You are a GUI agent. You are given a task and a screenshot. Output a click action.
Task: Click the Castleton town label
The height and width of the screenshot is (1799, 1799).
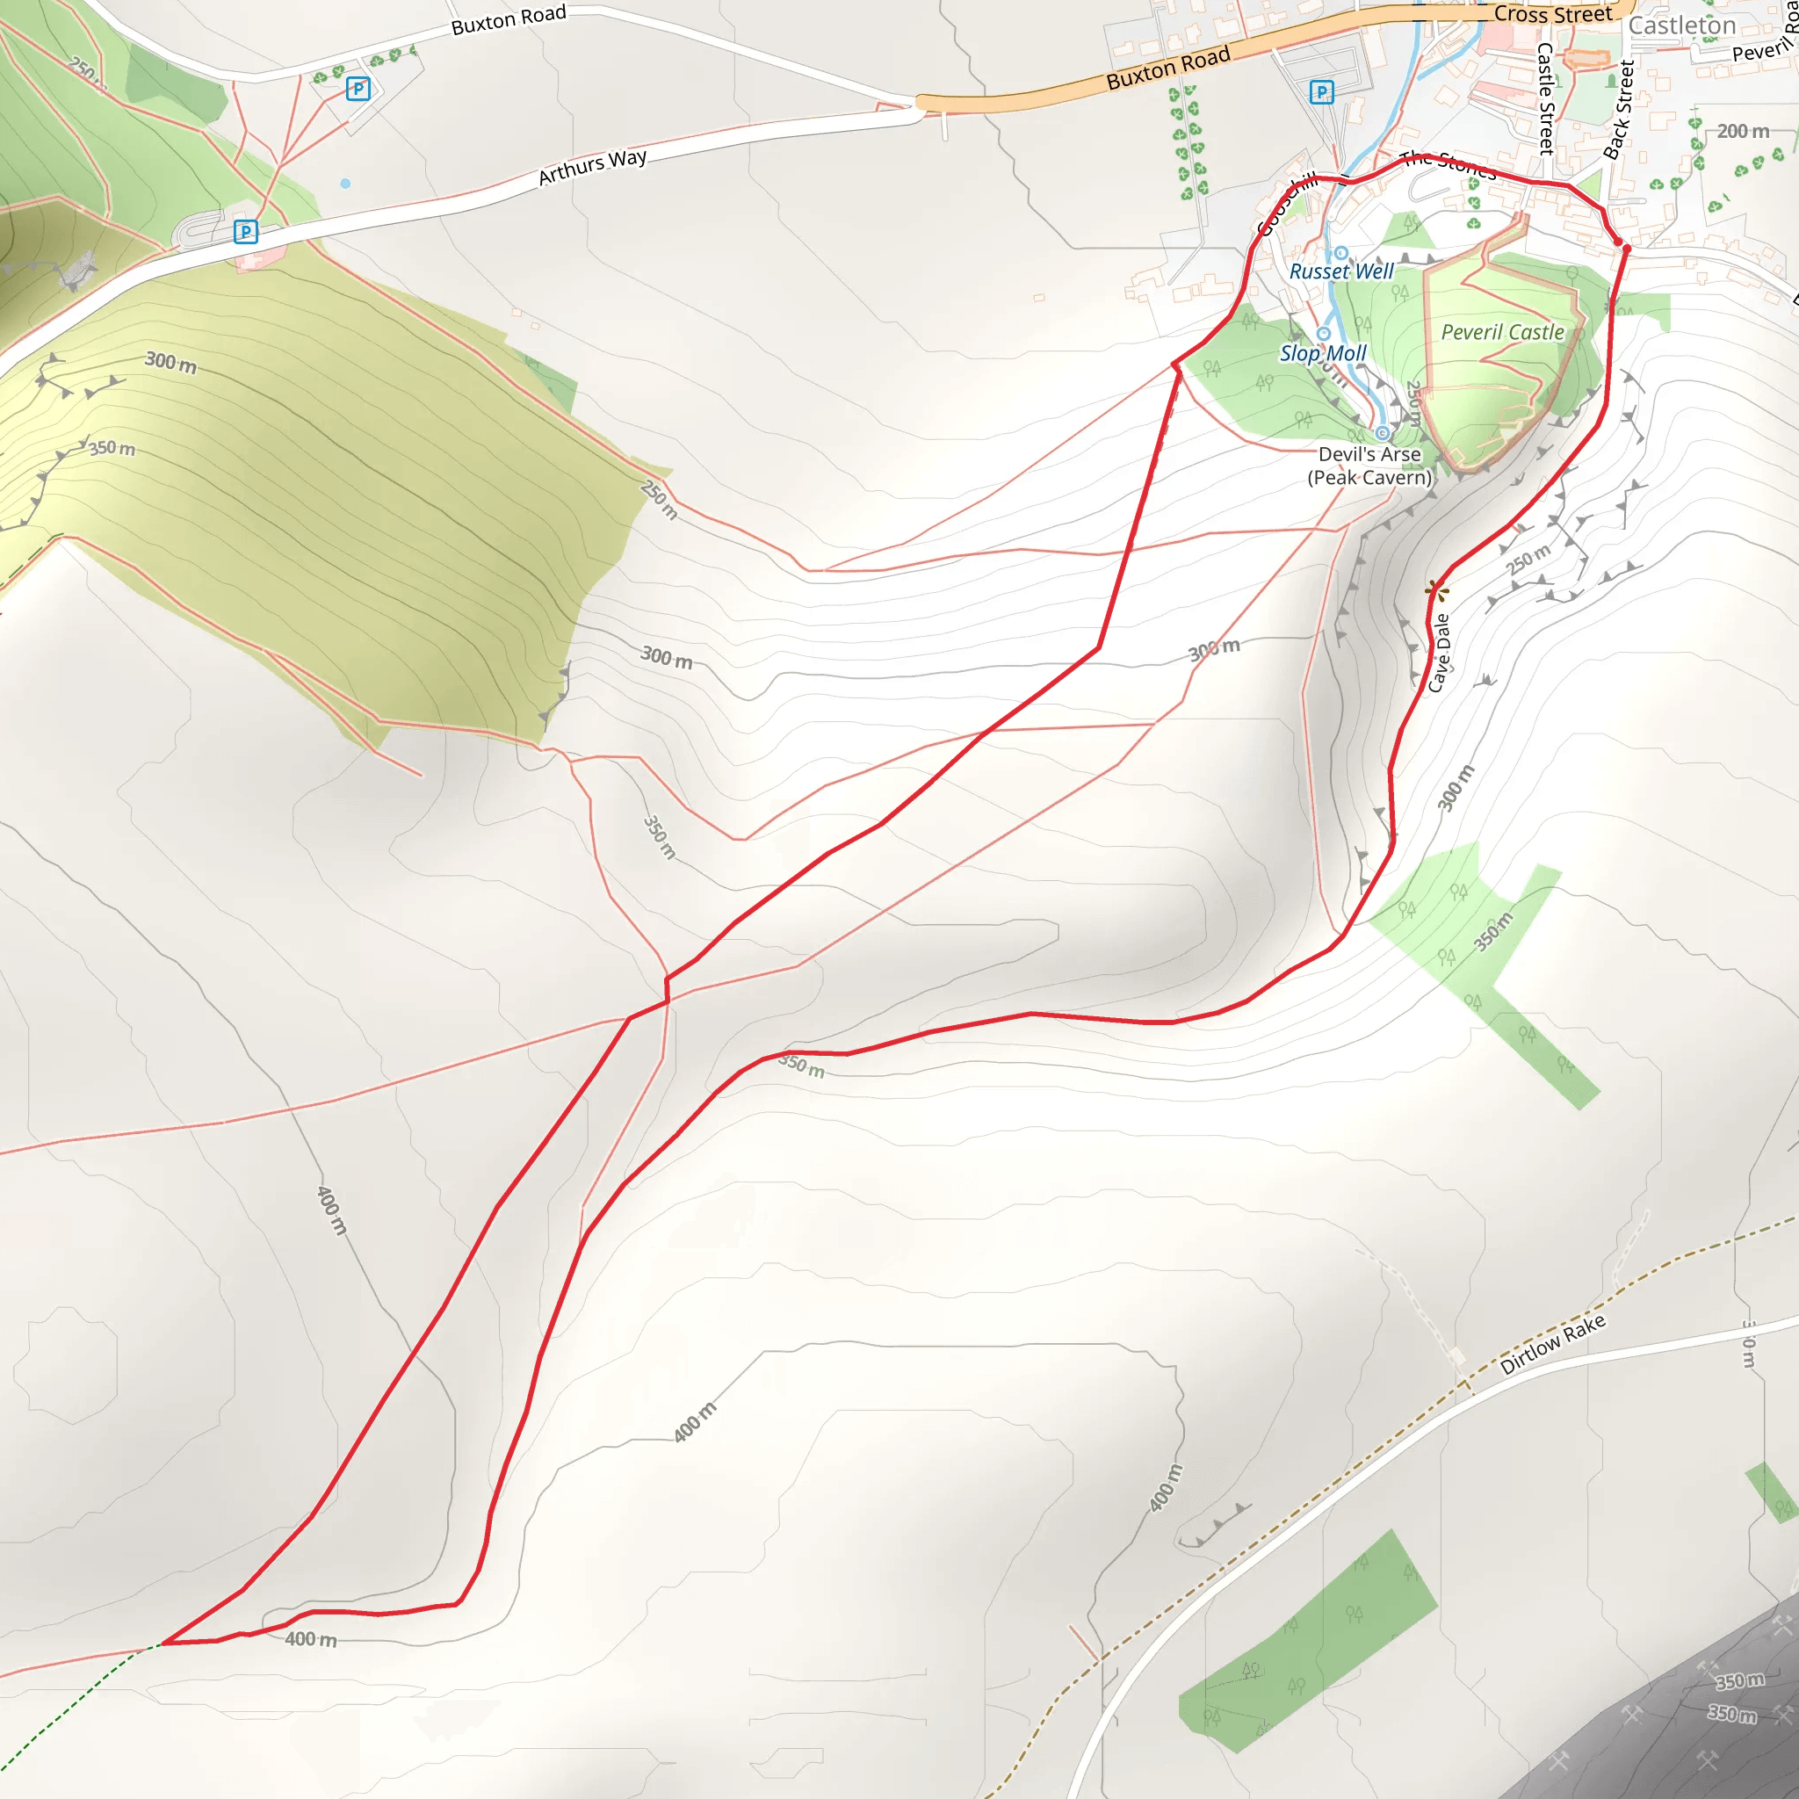click(1680, 26)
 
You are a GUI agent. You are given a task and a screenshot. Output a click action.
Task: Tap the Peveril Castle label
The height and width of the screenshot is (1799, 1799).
click(1502, 332)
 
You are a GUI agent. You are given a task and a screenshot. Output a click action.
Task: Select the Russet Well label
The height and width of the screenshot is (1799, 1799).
click(1340, 271)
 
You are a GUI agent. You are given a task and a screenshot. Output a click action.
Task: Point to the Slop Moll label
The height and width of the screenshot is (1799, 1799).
click(1322, 354)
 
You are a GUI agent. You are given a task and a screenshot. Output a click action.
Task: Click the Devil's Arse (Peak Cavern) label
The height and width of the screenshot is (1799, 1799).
click(1369, 466)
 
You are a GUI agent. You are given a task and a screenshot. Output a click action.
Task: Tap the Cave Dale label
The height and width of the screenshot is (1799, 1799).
click(1440, 653)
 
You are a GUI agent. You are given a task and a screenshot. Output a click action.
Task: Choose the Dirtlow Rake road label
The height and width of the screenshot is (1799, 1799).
click(1552, 1345)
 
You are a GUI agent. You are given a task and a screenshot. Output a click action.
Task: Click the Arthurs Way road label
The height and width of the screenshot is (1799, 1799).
click(592, 166)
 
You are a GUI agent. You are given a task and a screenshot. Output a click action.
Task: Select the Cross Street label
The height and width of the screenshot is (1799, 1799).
click(1552, 14)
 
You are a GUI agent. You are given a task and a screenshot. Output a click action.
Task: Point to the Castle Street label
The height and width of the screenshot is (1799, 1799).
click(1545, 98)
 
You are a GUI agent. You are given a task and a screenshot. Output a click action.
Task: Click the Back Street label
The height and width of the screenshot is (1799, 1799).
click(1618, 110)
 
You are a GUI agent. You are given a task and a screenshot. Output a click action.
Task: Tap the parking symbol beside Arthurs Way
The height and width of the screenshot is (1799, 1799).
click(246, 232)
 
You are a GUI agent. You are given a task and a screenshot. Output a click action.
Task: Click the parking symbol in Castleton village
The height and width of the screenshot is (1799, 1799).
click(1321, 92)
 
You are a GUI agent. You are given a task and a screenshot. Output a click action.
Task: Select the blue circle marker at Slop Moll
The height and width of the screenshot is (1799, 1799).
click(1323, 333)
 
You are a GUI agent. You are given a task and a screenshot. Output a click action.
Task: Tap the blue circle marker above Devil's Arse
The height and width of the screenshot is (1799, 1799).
click(1383, 433)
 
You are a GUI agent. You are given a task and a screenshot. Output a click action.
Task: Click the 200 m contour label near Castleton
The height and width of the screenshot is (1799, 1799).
click(1743, 131)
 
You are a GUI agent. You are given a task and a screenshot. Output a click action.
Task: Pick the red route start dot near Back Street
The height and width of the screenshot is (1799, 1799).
click(1618, 243)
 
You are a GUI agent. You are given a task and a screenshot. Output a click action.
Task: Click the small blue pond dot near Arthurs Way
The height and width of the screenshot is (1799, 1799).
click(345, 184)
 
